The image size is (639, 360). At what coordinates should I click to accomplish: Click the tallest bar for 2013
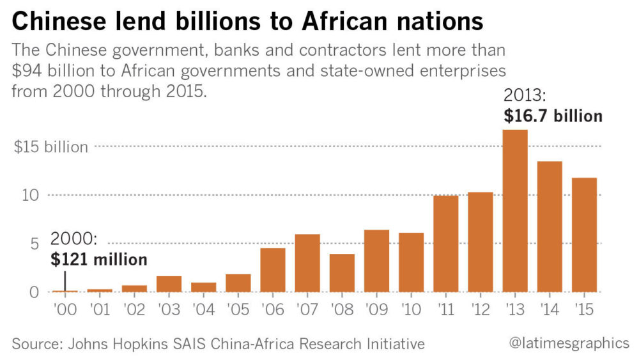click(x=515, y=211)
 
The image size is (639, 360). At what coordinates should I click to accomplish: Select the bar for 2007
click(x=307, y=263)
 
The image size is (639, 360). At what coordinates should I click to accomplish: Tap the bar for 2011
click(x=446, y=244)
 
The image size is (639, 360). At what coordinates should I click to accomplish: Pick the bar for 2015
click(x=584, y=235)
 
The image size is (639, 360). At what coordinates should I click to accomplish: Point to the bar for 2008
click(x=342, y=273)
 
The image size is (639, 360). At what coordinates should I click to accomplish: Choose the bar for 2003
click(x=169, y=284)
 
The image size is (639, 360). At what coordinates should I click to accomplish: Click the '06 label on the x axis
click(x=273, y=309)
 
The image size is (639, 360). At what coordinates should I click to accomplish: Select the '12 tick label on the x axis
click(x=481, y=309)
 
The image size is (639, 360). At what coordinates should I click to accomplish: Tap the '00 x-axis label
click(x=65, y=309)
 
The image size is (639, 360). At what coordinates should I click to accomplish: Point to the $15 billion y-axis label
click(x=51, y=147)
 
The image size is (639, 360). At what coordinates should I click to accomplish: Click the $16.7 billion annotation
click(x=553, y=116)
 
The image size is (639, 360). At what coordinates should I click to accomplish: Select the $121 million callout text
click(x=98, y=259)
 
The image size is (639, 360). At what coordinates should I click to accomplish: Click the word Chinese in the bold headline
click(x=63, y=22)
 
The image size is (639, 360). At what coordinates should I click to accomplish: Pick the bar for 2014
click(x=550, y=226)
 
